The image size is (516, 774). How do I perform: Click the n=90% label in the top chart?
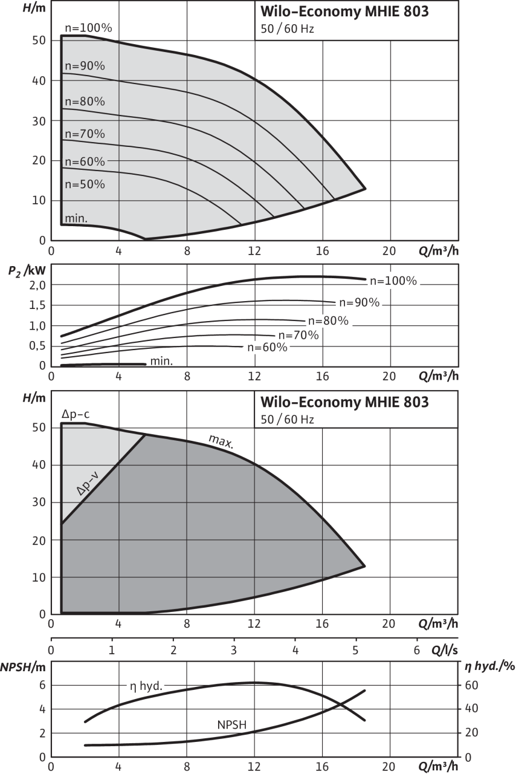click(84, 66)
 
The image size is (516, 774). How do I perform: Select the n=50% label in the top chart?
click(84, 184)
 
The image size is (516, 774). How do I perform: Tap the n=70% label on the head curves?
click(84, 134)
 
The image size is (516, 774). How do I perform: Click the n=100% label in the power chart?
click(393, 281)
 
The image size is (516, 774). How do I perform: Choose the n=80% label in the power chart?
click(328, 321)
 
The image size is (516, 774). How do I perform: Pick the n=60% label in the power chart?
click(267, 348)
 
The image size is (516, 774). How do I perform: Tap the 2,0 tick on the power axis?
click(38, 285)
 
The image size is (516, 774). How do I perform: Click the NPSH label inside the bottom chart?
click(231, 725)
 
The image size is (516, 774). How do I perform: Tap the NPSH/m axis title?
click(24, 668)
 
